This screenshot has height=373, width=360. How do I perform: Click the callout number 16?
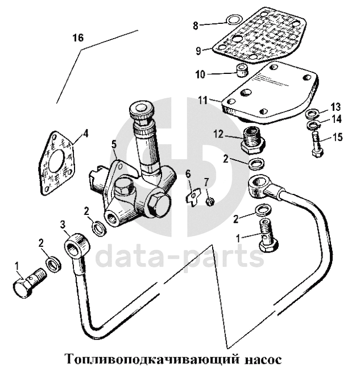(x=78, y=38)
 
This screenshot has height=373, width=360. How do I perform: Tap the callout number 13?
(x=336, y=107)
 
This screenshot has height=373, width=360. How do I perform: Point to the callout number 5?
(x=114, y=143)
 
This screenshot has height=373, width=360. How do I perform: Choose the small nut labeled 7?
(x=209, y=201)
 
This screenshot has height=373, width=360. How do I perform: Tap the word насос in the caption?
(x=260, y=360)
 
